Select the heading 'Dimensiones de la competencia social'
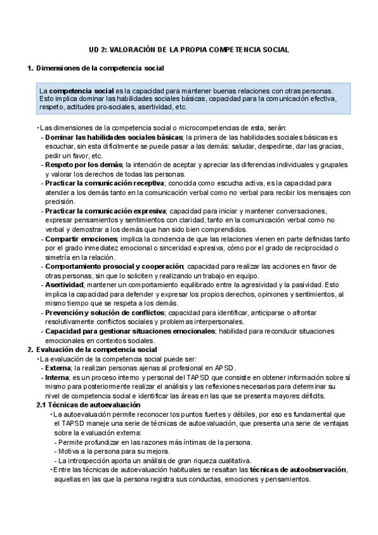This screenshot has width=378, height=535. pyautogui.click(x=100, y=68)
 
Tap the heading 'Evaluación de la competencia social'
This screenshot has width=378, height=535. pyautogui.click(x=97, y=350)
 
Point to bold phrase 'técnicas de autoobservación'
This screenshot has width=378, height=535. pyautogui.click(x=298, y=470)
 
